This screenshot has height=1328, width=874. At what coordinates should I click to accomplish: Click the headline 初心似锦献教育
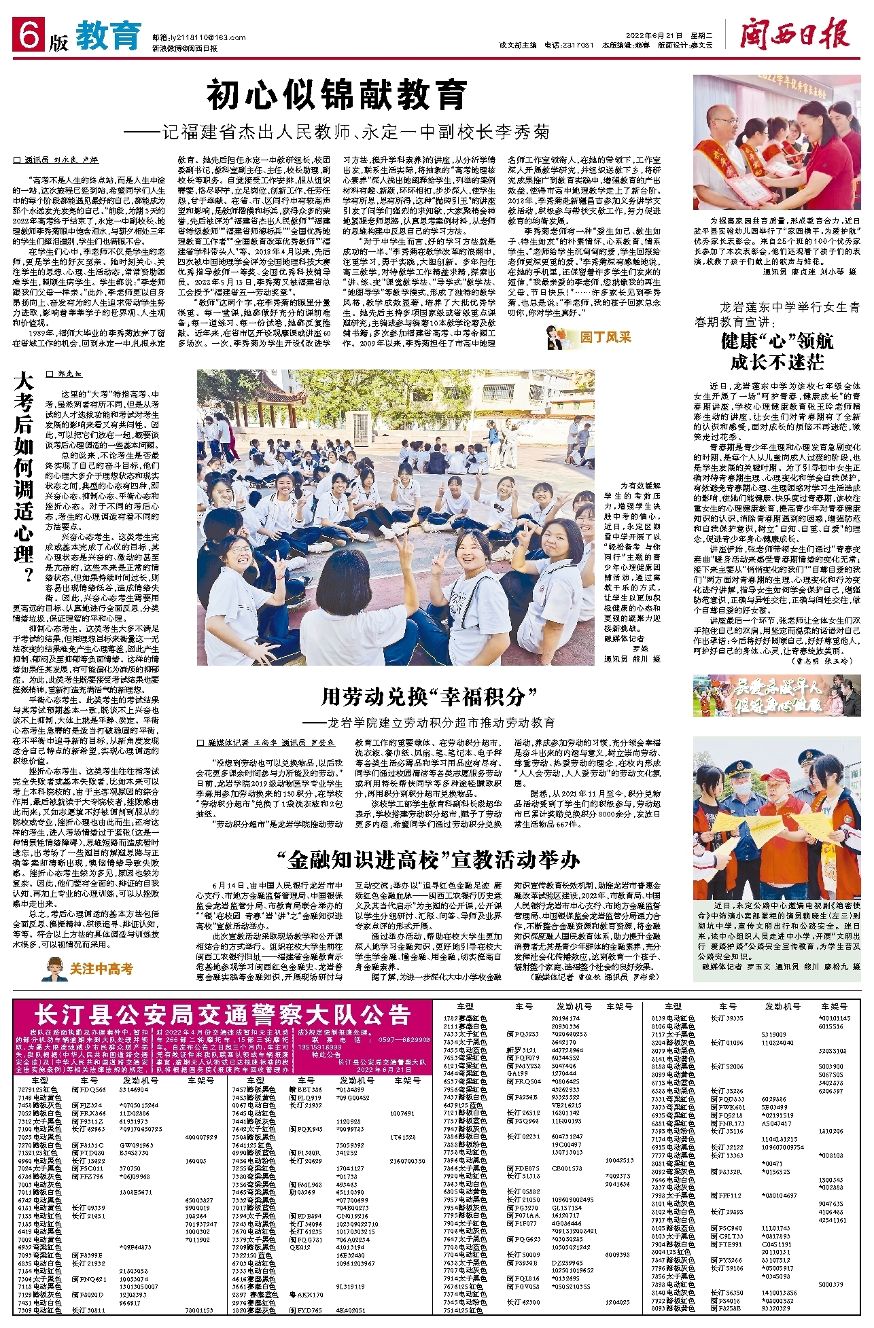[x=337, y=95]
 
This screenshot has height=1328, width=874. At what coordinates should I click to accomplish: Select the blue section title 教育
[x=108, y=35]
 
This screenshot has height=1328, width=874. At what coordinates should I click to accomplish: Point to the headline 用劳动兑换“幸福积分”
[x=429, y=696]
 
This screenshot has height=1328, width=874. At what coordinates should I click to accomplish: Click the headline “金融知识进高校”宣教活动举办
[x=433, y=860]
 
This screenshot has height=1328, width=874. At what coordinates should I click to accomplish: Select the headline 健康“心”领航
[x=776, y=340]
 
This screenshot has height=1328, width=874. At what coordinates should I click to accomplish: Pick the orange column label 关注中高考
[x=101, y=969]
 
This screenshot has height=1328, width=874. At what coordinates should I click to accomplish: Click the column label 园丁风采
[x=605, y=337]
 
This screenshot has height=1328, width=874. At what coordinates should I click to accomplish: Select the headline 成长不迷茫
[x=776, y=362]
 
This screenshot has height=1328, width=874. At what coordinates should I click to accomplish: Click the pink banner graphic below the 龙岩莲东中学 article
[x=776, y=696]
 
